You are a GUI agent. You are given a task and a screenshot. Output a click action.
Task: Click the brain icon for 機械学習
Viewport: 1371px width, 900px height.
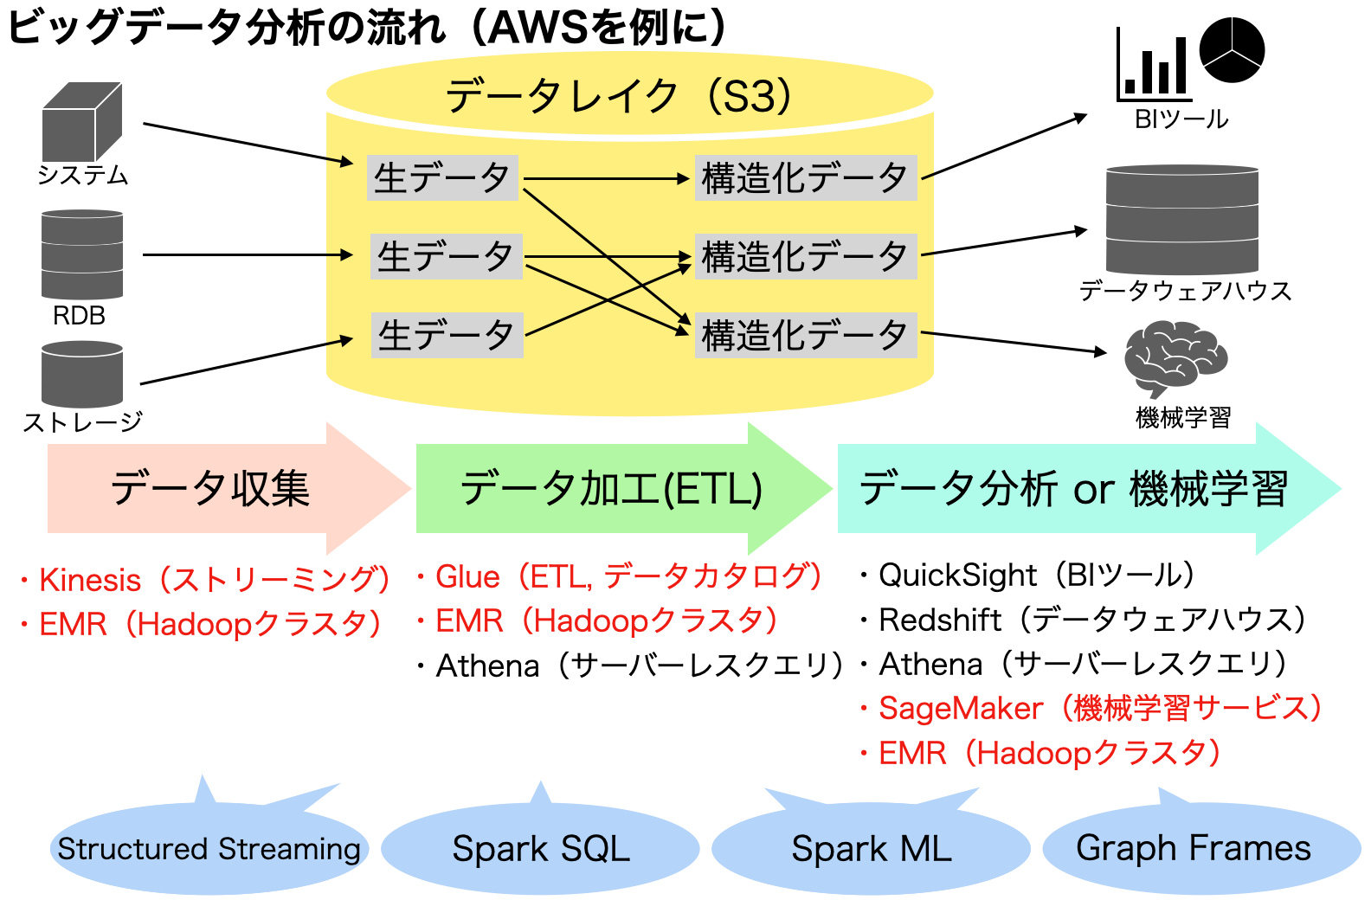(1175, 357)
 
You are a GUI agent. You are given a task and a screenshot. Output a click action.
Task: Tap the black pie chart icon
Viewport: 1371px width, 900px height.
(1233, 50)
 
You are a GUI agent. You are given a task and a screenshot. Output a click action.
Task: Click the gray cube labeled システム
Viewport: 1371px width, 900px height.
(81, 123)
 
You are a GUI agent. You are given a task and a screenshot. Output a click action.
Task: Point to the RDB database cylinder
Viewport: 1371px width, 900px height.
(82, 254)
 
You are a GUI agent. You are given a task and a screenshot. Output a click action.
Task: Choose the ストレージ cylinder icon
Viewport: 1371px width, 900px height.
(82, 374)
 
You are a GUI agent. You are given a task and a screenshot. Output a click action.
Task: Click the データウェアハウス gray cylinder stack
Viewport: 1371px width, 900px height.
(1181, 220)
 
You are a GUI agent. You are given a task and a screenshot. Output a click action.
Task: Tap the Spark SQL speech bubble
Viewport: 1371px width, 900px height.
(540, 848)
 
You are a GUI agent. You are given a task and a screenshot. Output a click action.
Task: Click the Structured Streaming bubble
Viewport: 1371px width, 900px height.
(209, 848)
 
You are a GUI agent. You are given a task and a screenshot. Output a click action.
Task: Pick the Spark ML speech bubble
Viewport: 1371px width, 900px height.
(871, 848)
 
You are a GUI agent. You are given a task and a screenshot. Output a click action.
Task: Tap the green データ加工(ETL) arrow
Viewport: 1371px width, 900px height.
(611, 488)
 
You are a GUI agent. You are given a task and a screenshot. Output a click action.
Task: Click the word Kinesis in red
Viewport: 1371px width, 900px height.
(90, 580)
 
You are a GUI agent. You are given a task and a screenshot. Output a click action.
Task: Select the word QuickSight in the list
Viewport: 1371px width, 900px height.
(957, 575)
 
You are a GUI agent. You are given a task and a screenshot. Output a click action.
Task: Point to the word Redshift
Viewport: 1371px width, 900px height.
(940, 620)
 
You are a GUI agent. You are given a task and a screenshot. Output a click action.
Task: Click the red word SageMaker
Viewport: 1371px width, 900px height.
(961, 708)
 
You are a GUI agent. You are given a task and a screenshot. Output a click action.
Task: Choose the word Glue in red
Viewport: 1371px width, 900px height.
(467, 576)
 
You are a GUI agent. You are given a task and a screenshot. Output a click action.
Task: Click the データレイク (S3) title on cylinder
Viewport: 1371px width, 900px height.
(618, 95)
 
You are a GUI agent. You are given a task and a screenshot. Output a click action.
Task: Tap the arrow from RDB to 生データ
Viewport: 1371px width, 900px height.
(247, 254)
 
